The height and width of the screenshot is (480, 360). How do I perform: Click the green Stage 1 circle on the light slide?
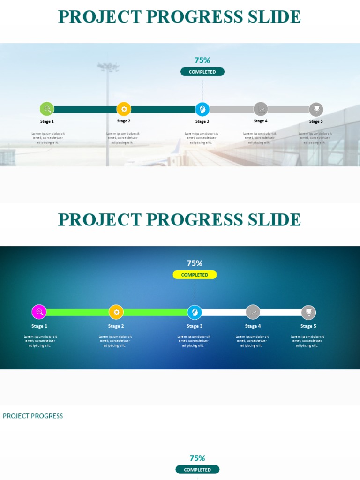point(47,109)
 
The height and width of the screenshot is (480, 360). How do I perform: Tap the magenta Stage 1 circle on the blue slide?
point(39,312)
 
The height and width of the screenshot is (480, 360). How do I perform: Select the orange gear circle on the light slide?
point(124,109)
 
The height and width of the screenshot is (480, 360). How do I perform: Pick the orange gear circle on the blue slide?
point(116,312)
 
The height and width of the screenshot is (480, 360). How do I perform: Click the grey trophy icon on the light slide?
point(316,110)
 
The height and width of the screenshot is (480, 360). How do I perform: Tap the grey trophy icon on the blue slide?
point(308,312)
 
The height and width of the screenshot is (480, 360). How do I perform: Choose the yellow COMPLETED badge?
point(195,275)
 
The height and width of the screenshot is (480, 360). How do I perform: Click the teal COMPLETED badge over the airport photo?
point(202,72)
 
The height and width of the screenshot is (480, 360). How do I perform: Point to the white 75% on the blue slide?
point(195,263)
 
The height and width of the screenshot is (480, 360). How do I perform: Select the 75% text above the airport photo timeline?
point(202,60)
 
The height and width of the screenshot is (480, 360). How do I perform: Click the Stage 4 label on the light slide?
point(261,121)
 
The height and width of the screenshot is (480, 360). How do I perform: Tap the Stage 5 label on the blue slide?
point(308,326)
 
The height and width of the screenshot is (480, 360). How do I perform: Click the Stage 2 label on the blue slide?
point(116,326)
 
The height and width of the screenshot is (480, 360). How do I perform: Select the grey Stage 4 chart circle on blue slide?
point(253,312)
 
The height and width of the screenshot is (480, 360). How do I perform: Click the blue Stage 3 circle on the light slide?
point(202,109)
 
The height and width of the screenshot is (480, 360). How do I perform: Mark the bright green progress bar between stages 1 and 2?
point(77,312)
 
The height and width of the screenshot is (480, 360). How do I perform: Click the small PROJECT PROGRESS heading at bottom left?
point(33,416)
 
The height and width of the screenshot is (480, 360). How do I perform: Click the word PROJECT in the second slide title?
point(99,220)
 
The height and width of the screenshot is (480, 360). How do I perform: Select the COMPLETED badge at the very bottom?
point(197,470)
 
